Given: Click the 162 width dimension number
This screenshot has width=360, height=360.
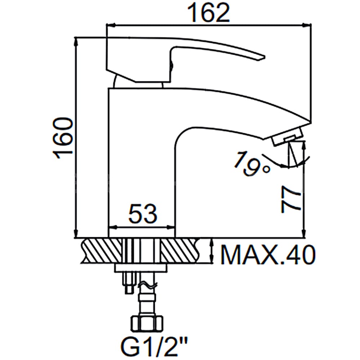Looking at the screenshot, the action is tap(208, 13).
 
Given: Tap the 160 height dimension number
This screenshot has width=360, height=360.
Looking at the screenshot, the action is tap(63, 138).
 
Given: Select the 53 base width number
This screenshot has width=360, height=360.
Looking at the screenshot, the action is tap(143, 214).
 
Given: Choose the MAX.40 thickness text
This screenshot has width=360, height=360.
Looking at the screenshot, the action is tap(268, 255).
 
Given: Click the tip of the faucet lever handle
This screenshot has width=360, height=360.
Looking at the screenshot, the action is tap(264, 57).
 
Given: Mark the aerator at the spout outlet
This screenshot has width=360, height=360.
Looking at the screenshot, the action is tap(287, 137).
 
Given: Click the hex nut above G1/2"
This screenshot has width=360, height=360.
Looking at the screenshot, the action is tap(147, 323).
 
